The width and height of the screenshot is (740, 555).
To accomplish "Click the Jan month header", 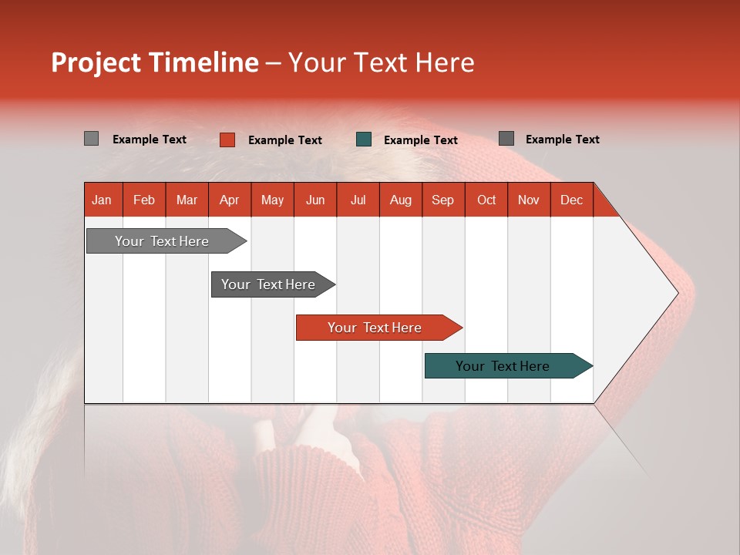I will tap(102, 200).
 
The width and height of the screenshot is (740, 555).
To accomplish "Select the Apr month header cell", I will tap(229, 200).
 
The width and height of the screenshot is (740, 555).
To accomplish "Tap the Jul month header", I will tap(358, 200).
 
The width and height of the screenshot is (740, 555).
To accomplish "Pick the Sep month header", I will tap(442, 200).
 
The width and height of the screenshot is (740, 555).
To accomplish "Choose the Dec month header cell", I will tap(571, 200).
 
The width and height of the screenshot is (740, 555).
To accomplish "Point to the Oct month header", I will tap(486, 200).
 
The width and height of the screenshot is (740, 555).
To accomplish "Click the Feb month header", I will tap(144, 200).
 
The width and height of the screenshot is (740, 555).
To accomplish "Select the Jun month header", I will tap(315, 200).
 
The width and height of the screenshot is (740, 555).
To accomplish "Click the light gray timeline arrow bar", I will tap(162, 241).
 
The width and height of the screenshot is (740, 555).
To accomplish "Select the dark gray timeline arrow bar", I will tap(268, 284).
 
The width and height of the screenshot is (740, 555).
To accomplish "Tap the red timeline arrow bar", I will tap(375, 328).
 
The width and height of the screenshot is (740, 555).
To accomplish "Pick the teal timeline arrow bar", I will tap(503, 366).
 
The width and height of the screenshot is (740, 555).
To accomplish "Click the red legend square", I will tap(227, 140).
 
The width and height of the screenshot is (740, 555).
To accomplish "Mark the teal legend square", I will tap(364, 140).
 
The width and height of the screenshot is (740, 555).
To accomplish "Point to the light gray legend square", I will tap(91, 139).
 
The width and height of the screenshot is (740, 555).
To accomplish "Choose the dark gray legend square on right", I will tap(506, 139).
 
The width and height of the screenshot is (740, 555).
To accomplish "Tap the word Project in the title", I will tap(96, 62).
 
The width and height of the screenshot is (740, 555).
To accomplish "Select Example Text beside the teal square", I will tap(421, 140).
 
